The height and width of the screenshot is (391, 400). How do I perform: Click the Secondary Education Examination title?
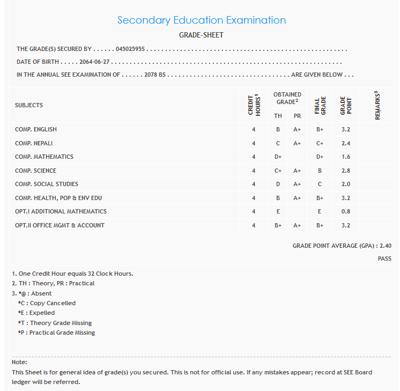pyautogui.click(x=201, y=20)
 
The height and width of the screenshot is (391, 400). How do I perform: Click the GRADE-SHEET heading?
pyautogui.click(x=201, y=35)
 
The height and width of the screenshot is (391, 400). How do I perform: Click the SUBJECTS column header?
pyautogui.click(x=29, y=105)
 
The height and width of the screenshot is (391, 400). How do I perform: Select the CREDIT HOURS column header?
pyautogui.click(x=254, y=105)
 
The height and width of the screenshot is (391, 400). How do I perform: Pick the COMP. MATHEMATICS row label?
pyautogui.click(x=44, y=157)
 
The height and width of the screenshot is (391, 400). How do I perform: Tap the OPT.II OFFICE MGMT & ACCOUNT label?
pyautogui.click(x=60, y=225)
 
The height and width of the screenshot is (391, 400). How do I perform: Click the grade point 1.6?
pyautogui.click(x=345, y=157)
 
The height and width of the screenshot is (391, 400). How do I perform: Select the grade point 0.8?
pyautogui.click(x=345, y=211)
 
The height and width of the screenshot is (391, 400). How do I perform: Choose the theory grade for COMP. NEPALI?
pyautogui.click(x=278, y=143)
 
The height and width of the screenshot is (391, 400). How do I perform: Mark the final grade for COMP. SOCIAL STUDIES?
pyautogui.click(x=320, y=184)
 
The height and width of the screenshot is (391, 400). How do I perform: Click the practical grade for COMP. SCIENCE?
pyautogui.click(x=297, y=171)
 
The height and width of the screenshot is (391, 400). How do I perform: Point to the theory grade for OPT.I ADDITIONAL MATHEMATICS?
pyautogui.click(x=278, y=211)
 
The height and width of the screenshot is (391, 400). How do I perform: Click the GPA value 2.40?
pyautogui.click(x=385, y=246)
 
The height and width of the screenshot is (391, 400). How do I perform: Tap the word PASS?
pyautogui.click(x=384, y=259)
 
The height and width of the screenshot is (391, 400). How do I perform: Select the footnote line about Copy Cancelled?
pyautogui.click(x=47, y=303)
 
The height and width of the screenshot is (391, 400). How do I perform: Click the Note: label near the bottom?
pyautogui.click(x=19, y=363)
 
